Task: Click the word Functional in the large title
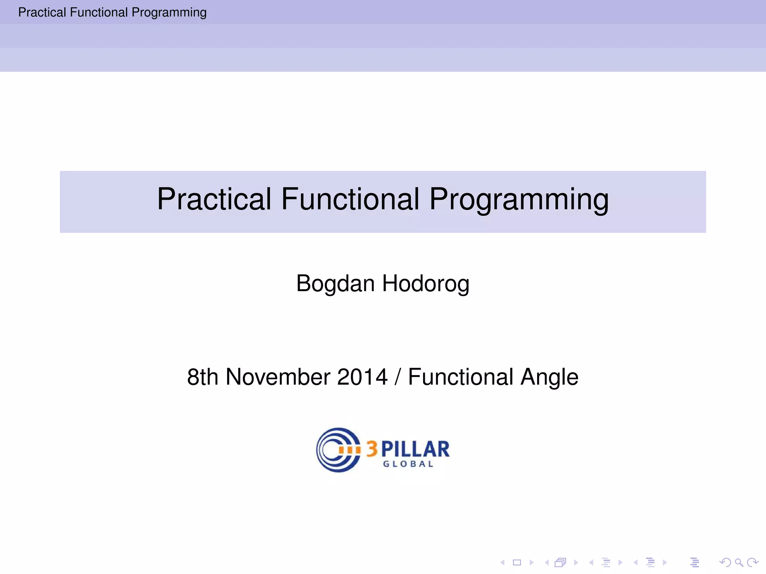click(x=350, y=199)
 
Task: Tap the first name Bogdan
click(x=335, y=284)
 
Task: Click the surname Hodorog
click(x=426, y=284)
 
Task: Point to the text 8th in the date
click(x=202, y=377)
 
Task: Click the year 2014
click(x=362, y=377)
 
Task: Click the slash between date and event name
click(x=398, y=377)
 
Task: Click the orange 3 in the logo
click(x=372, y=449)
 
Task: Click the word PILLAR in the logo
click(x=415, y=449)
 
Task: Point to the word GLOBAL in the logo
click(x=408, y=464)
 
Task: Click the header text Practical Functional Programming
click(x=112, y=12)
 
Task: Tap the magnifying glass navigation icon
click(x=739, y=562)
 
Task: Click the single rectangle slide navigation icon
click(x=517, y=562)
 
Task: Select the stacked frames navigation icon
click(x=560, y=562)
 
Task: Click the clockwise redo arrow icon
click(x=752, y=562)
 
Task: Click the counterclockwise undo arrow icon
click(x=725, y=562)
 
